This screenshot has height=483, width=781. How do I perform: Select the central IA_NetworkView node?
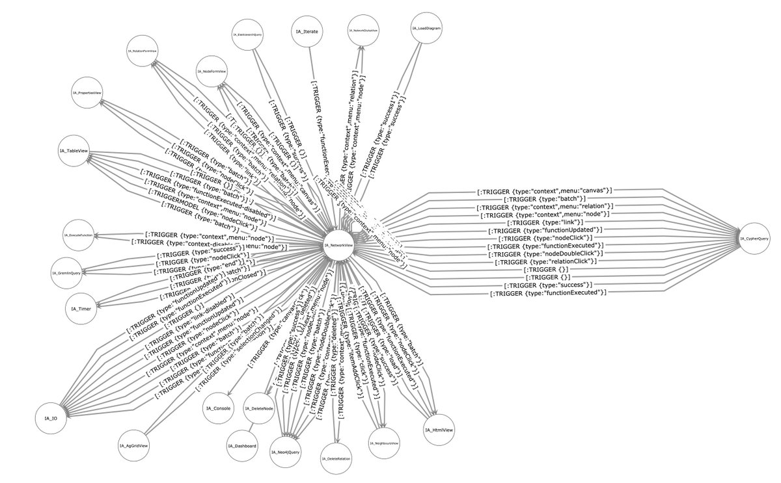pos(338,245)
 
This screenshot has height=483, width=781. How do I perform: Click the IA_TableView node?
pos(77,151)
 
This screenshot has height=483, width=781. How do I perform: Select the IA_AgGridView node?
pos(135,447)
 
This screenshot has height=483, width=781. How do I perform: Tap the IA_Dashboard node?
pos(242,447)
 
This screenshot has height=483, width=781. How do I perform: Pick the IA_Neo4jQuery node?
pos(285,450)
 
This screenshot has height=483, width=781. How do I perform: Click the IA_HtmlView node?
pos(439,430)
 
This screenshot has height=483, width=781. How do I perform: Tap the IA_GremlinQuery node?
pos(69,273)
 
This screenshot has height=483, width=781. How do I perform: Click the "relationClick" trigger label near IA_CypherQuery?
pos(545,262)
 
